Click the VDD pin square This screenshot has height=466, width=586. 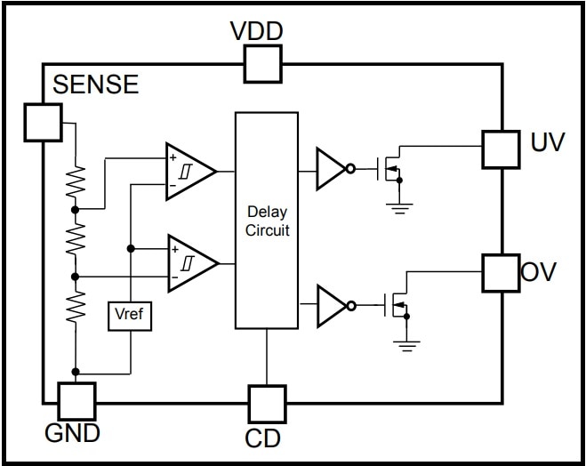coord(262,63)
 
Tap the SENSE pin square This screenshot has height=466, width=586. coord(43,122)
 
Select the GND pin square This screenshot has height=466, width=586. coord(76,401)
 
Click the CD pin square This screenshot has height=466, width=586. coord(267,404)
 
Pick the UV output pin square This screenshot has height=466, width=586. coord(500,149)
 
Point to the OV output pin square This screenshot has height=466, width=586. coord(500,273)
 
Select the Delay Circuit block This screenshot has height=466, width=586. coord(267,221)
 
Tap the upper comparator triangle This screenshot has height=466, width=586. coord(189,170)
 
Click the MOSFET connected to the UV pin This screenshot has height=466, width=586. coord(391,167)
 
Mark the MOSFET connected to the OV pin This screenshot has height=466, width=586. coord(397,306)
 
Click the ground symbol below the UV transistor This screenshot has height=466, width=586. coord(398,208)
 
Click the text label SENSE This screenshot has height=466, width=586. coord(96,84)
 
